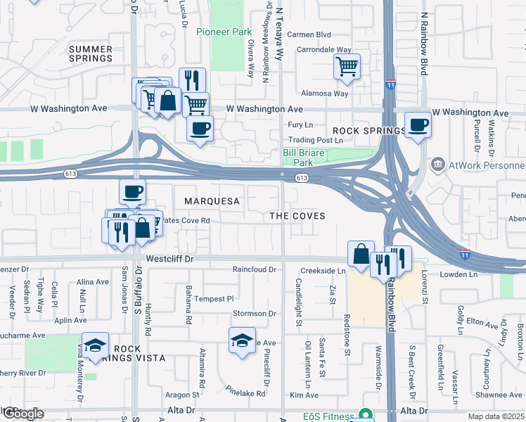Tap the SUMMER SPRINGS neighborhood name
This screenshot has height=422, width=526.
tap(91, 53)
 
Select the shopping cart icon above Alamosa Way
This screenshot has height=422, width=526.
tap(347, 67)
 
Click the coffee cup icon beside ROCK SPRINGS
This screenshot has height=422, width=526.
tap(418, 124)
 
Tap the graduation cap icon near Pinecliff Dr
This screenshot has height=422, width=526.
tap(242, 341)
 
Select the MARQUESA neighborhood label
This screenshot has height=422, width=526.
tap(212, 201)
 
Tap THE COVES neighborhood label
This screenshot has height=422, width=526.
tap(297, 216)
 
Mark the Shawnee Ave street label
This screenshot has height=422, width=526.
tap(497, 395)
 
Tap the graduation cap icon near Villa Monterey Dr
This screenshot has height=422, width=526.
tap(95, 345)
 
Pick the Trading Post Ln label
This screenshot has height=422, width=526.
tap(316, 141)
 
